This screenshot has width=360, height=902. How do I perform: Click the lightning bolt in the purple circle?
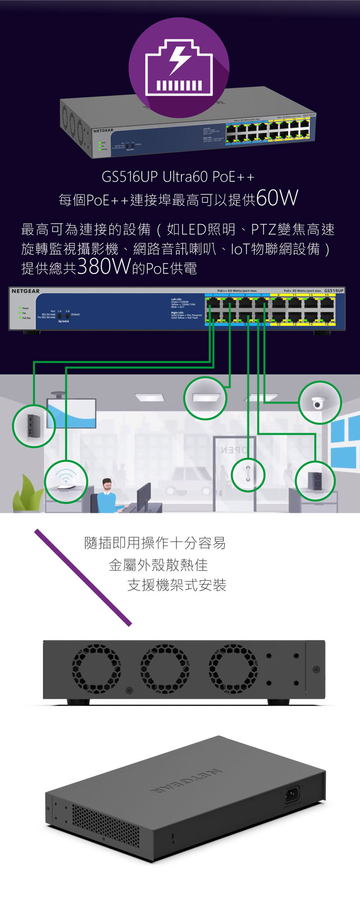pyautogui.click(x=179, y=60)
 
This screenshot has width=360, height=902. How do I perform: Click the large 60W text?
pyautogui.click(x=277, y=198)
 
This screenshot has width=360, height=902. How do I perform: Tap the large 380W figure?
pyautogui.click(x=103, y=267)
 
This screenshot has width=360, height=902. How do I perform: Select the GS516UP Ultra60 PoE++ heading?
pyautogui.click(x=178, y=177)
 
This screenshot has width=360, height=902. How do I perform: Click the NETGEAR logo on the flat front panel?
pyautogui.click(x=26, y=291)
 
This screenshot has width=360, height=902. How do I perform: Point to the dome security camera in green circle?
pyautogui.click(x=319, y=403)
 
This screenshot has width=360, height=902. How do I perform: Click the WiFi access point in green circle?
pyautogui.click(x=66, y=481)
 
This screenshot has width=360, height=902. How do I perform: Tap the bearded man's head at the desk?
pyautogui.click(x=107, y=485)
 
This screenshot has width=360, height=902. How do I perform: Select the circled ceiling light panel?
pyautogui.click(x=205, y=398)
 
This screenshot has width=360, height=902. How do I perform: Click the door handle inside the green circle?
pyautogui.click(x=247, y=475)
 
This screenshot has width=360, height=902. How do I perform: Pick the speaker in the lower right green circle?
pyautogui.click(x=315, y=481)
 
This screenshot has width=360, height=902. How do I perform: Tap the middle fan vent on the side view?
pyautogui.click(x=165, y=669)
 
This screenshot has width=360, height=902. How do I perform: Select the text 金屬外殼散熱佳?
pyautogui.click(x=158, y=565)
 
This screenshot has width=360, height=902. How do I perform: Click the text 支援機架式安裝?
pyautogui.click(x=176, y=585)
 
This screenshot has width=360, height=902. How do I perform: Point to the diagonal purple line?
pyautogui.click(x=83, y=578)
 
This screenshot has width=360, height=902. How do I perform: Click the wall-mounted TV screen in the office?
pyautogui.click(x=72, y=413)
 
